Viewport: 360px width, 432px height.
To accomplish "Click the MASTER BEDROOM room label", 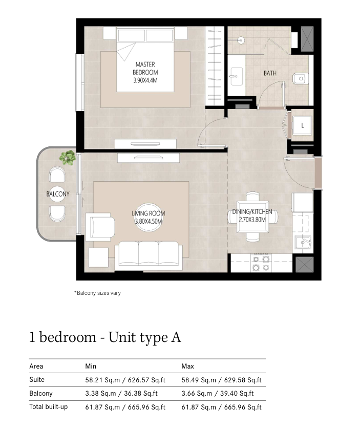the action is (x=145, y=73).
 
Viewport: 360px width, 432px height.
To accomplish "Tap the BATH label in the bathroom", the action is (x=270, y=73).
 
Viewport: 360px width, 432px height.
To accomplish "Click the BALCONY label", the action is (x=58, y=194).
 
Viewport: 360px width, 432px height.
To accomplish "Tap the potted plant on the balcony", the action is (x=68, y=158).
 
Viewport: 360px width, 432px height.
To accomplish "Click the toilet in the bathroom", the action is (x=301, y=78).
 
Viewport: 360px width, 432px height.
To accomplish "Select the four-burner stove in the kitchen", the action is (x=261, y=263).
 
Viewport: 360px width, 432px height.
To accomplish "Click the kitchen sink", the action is (x=303, y=243).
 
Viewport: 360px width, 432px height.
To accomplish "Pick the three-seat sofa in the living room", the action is (x=149, y=255).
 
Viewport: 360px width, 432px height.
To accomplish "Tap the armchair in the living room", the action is (x=100, y=227).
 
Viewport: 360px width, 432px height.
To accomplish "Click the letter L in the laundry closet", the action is (x=302, y=125).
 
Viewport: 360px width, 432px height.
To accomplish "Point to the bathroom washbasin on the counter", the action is (x=236, y=76).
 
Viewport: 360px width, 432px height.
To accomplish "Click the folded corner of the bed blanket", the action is (x=126, y=52).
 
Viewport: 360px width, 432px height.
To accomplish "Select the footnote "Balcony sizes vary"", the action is (x=98, y=293).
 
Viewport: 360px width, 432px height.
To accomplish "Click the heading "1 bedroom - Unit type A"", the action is (x=105, y=337).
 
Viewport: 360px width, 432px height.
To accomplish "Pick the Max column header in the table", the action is (x=188, y=366).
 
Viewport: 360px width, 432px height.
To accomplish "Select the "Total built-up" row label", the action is (x=49, y=407).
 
